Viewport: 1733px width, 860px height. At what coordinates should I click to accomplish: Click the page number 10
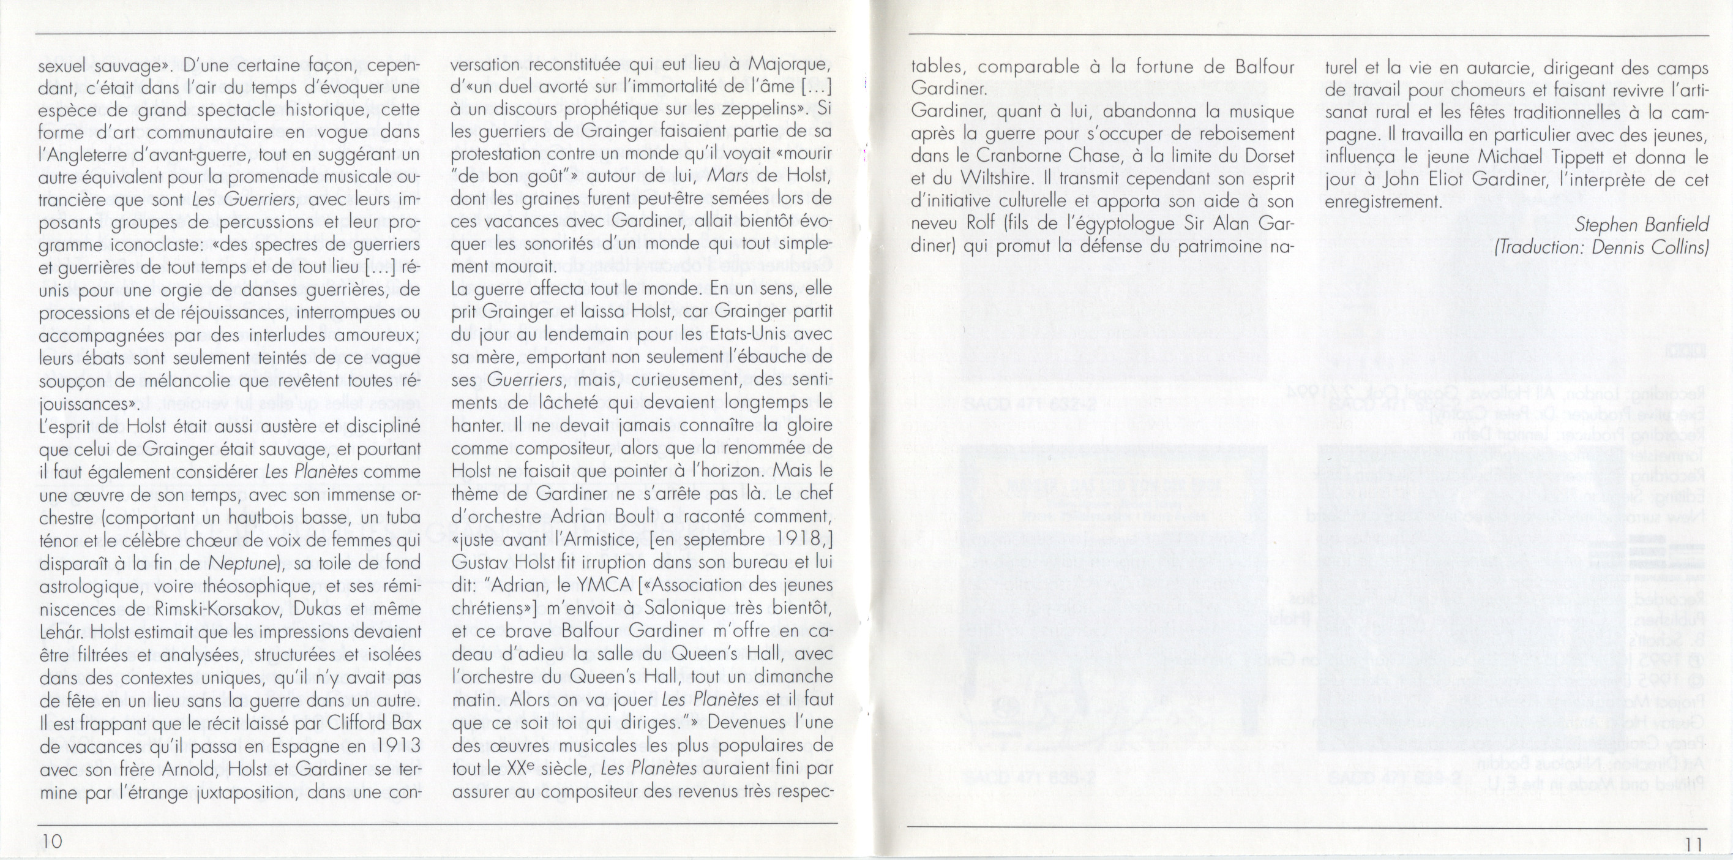coord(50,842)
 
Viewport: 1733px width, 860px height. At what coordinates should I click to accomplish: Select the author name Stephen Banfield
coord(1642,225)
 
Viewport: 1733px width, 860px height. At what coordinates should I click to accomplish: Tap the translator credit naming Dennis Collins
coord(1601,247)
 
